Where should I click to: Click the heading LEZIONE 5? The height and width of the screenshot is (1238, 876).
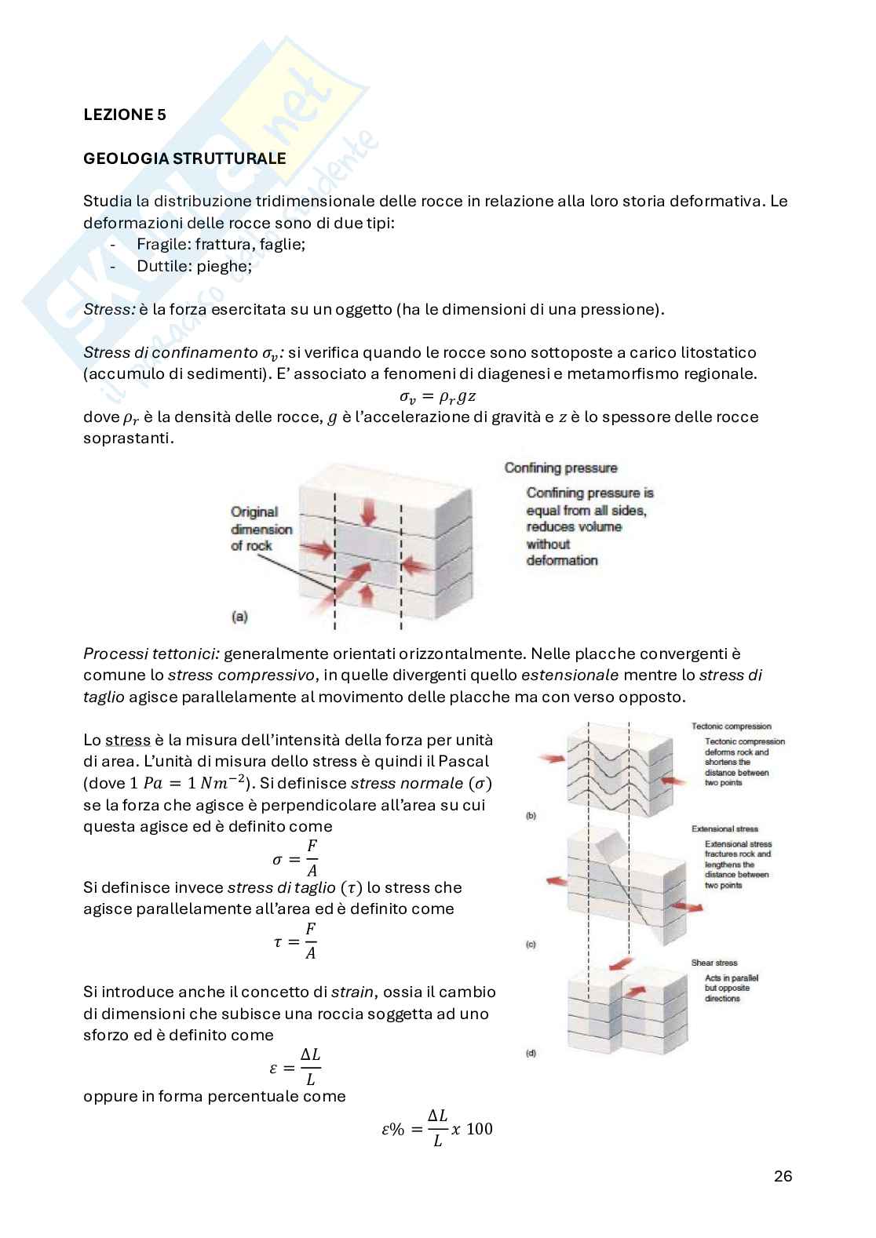125,115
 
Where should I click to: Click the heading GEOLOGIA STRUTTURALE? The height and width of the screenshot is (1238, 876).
184,158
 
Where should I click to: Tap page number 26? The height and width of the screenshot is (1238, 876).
783,1176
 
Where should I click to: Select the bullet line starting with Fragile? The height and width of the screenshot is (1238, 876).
221,244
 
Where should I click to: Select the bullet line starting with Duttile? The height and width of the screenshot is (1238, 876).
194,266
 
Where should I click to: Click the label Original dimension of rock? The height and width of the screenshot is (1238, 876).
261,529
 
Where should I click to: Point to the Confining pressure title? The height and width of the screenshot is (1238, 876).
560,468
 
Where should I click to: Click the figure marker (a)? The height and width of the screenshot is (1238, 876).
239,617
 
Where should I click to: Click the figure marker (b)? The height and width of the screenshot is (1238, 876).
531,816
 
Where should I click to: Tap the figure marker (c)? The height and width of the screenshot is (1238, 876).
531,945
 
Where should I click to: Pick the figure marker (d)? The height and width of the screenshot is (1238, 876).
531,1053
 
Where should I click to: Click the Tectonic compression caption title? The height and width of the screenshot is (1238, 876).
731,726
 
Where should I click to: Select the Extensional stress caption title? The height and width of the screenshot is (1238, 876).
725,828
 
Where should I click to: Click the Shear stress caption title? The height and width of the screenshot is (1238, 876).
714,963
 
